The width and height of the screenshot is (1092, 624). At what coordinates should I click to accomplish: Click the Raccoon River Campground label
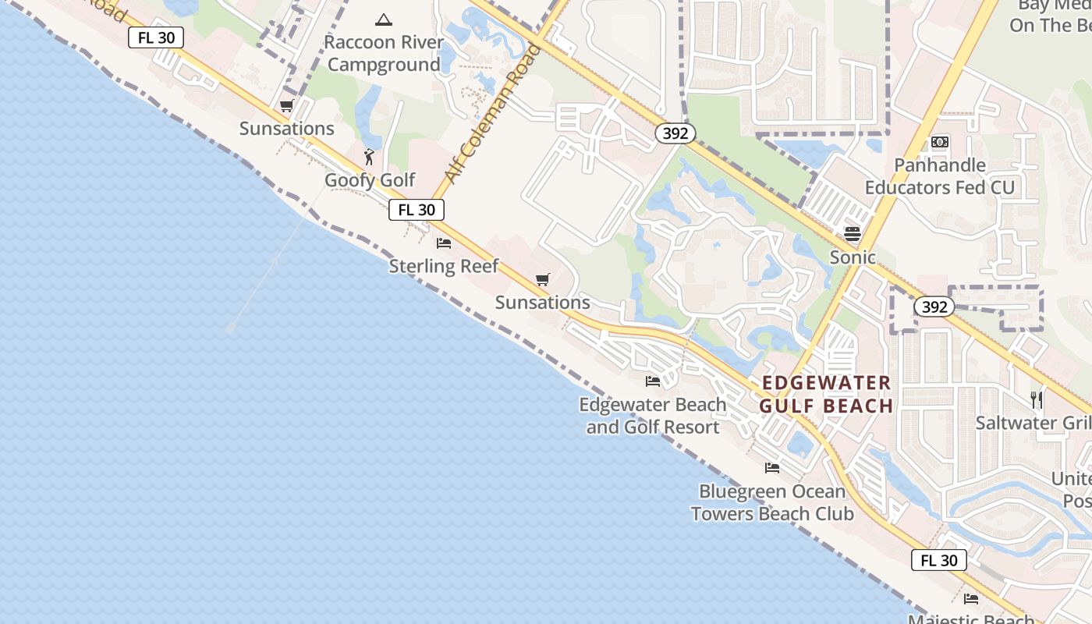click(384, 53)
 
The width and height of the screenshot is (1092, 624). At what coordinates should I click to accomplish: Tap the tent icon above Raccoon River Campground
click(383, 19)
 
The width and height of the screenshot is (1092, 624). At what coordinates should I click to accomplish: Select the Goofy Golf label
click(370, 180)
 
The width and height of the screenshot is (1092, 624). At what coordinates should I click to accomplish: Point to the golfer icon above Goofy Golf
click(370, 158)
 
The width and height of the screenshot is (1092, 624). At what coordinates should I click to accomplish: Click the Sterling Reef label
click(444, 266)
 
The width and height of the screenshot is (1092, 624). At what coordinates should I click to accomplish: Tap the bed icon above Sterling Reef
click(444, 243)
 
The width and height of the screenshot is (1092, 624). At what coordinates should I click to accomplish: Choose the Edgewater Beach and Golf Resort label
click(653, 416)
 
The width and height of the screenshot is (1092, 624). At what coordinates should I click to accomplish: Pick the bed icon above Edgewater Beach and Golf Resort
click(653, 381)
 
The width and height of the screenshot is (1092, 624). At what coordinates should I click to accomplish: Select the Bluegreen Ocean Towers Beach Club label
click(772, 502)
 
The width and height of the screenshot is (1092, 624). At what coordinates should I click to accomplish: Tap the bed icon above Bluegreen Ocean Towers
click(772, 468)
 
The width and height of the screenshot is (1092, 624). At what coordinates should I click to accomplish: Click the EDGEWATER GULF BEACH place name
click(827, 394)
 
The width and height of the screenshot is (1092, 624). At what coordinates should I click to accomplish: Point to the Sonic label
click(853, 257)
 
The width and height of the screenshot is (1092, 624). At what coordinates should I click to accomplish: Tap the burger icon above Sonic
click(852, 234)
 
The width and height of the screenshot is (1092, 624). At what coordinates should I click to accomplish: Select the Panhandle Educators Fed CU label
click(940, 176)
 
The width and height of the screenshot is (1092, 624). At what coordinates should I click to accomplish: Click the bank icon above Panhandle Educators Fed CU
click(940, 142)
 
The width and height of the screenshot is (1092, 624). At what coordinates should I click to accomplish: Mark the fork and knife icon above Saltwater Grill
click(1037, 400)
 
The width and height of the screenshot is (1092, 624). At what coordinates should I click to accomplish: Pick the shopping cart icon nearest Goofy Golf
click(287, 106)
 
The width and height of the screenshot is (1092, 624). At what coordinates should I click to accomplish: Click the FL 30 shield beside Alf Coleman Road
click(417, 210)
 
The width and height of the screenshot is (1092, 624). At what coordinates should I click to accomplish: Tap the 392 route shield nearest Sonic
click(934, 307)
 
